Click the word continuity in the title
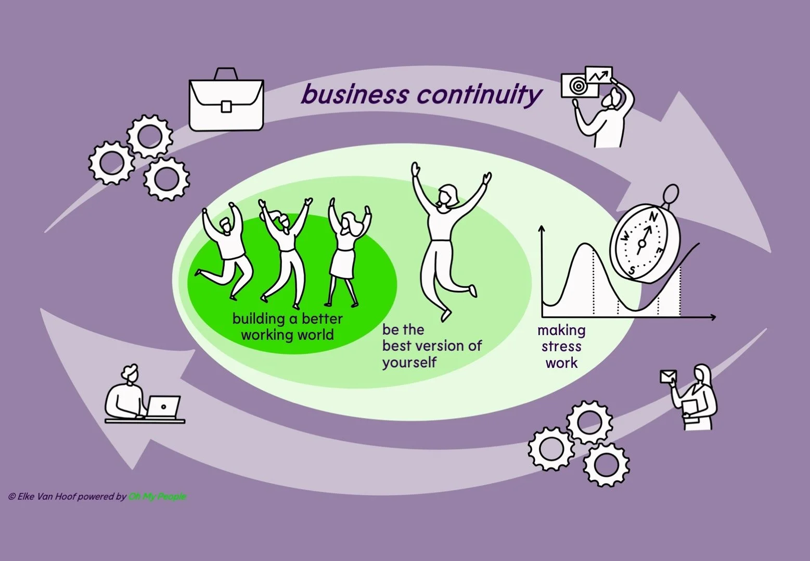point(479,95)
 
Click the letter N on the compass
point(654,217)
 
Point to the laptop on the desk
point(163,406)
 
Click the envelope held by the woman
point(668,376)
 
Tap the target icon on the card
point(577,86)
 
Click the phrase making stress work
point(561,347)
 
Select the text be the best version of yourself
point(432,346)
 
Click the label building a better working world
point(287,327)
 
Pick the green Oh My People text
point(157,496)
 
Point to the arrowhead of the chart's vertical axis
point(542,228)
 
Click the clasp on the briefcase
point(226,106)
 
